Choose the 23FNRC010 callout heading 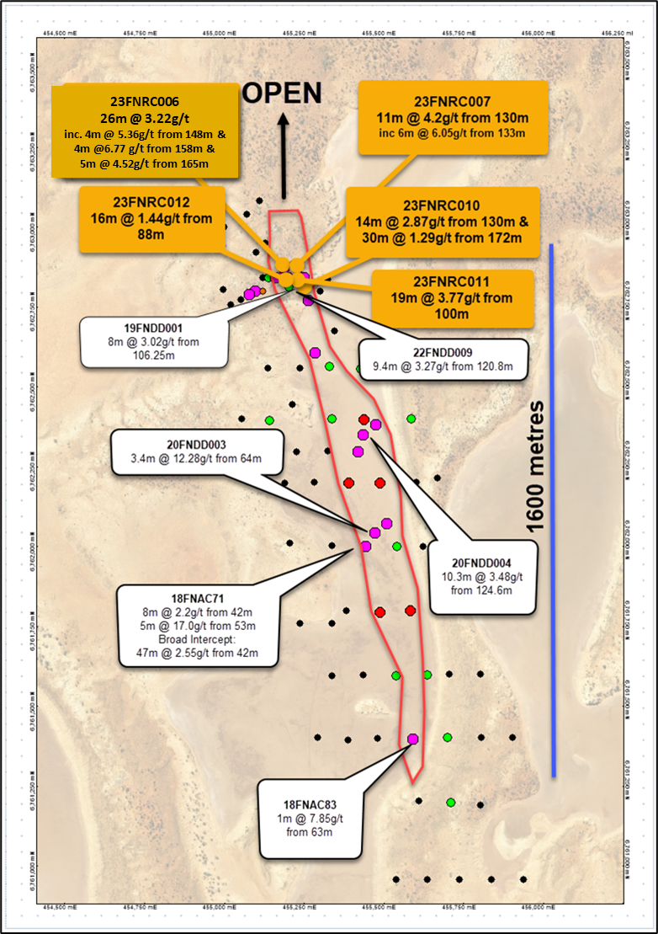point(441,205)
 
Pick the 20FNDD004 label point(481,563)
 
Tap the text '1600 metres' point(537,468)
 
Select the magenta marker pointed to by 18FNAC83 point(412,739)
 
